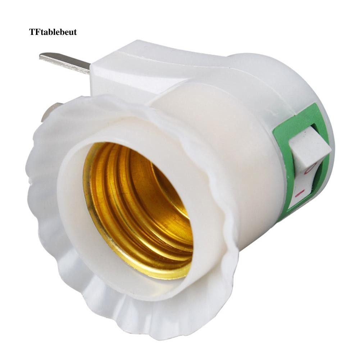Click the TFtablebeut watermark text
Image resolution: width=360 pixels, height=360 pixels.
click(53, 32)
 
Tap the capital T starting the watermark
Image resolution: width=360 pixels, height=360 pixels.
click(31, 32)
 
